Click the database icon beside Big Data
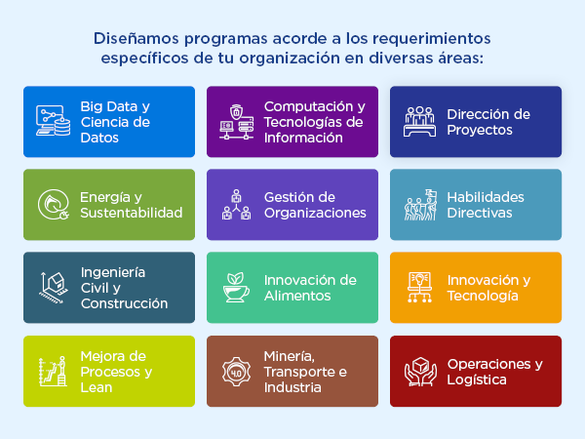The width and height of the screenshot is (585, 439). click(53, 121)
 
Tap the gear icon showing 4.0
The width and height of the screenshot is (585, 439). click(236, 372)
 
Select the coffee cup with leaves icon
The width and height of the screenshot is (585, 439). click(236, 288)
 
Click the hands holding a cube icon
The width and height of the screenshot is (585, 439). click(420, 372)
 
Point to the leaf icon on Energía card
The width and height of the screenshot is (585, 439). click(54, 205)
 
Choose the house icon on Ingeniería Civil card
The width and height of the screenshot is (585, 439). click(54, 288)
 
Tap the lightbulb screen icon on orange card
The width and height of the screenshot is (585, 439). click(419, 288)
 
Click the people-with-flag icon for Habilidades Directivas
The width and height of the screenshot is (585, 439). click(420, 205)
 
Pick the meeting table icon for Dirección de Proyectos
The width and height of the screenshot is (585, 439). click(419, 122)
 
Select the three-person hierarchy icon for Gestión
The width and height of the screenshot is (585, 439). click(236, 205)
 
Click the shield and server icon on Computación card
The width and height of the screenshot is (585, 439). click(237, 122)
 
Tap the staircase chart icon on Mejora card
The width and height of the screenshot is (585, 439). click(53, 372)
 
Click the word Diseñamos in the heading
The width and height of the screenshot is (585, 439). click(136, 38)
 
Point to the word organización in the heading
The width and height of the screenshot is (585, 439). click(290, 59)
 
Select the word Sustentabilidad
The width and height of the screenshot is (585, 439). click(132, 213)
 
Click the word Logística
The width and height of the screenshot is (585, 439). click(477, 380)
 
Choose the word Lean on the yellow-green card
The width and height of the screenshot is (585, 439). click(97, 387)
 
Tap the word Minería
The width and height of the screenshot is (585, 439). click(290, 356)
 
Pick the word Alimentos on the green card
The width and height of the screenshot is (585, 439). click(297, 296)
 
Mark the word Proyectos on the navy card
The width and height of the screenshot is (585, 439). click(480, 131)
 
